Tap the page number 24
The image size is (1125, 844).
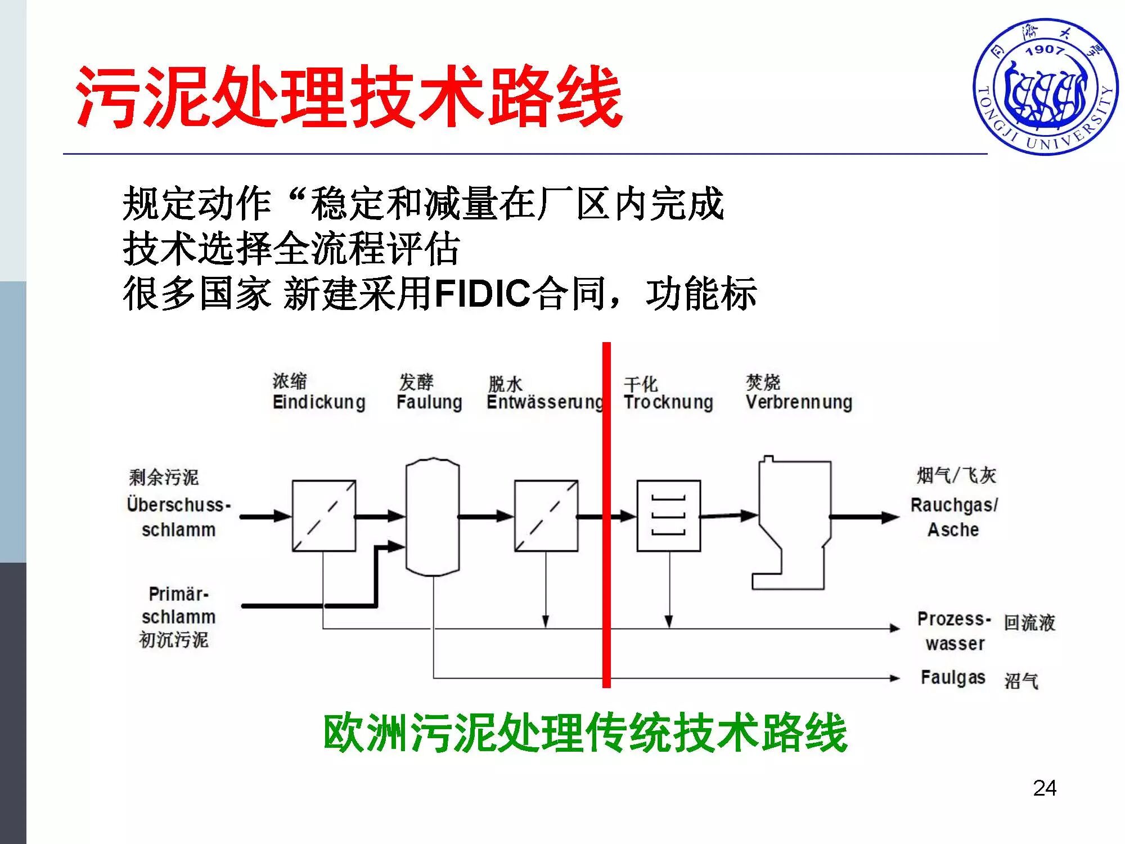click(1045, 788)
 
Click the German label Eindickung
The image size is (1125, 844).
click(319, 402)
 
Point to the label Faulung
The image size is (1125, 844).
click(429, 402)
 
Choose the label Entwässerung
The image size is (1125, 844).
click(544, 402)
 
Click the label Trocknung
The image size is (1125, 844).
click(668, 402)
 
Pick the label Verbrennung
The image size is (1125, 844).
click(799, 402)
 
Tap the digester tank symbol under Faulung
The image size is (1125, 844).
click(433, 517)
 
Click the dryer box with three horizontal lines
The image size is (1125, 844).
click(668, 515)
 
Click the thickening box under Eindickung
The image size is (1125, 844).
click(323, 515)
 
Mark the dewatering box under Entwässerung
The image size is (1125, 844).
click(546, 515)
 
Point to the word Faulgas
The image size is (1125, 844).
click(953, 677)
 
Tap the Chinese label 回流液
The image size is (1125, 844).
click(1029, 622)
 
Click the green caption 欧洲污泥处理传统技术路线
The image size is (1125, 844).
click(585, 733)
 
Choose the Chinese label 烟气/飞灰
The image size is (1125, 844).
click(956, 475)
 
